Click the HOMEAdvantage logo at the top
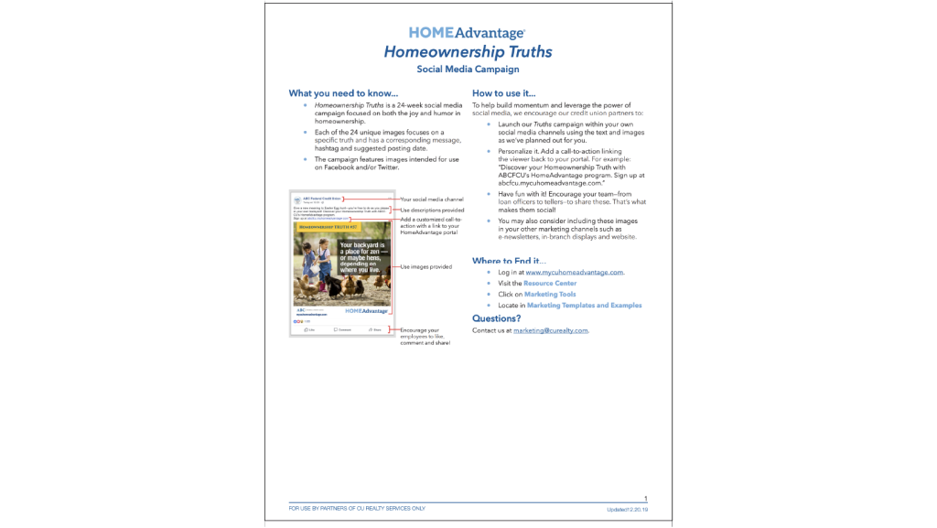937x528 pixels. click(x=468, y=34)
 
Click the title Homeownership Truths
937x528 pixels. click(x=468, y=52)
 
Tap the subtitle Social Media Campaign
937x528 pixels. click(x=468, y=70)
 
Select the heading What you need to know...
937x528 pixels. click(x=343, y=93)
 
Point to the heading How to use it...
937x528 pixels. click(x=504, y=93)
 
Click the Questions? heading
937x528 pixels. click(x=497, y=318)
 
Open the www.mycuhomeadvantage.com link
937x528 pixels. click(x=575, y=273)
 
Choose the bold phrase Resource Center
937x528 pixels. click(x=550, y=284)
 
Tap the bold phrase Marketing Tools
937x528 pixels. click(x=550, y=295)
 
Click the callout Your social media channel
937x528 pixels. click(x=431, y=199)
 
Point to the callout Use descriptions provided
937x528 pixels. click(x=432, y=210)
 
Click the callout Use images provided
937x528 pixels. click(x=426, y=267)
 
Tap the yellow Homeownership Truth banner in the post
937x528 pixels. click(x=327, y=227)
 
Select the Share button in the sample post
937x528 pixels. click(x=375, y=329)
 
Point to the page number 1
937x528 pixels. click(x=645, y=500)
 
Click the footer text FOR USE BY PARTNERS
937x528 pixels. click(x=357, y=509)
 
